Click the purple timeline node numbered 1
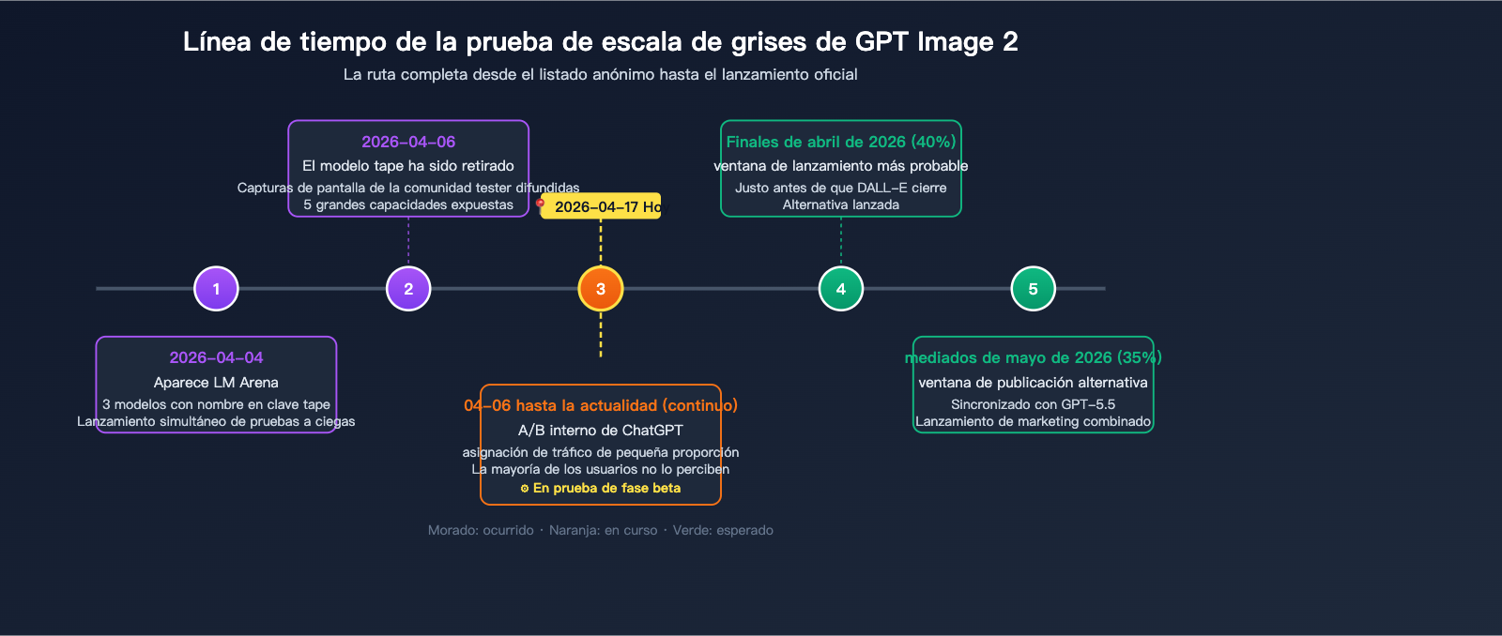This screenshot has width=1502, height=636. pyautogui.click(x=216, y=289)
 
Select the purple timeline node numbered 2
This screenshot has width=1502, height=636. pyautogui.click(x=408, y=289)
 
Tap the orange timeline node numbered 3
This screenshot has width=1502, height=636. pyautogui.click(x=601, y=289)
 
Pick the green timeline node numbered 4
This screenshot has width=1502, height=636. pyautogui.click(x=841, y=289)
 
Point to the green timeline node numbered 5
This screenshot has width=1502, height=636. pyautogui.click(x=1034, y=289)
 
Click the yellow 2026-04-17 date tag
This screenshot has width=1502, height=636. pyautogui.click(x=601, y=206)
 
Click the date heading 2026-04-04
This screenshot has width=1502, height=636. pyautogui.click(x=216, y=357)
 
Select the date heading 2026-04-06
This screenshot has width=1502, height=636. pyautogui.click(x=408, y=142)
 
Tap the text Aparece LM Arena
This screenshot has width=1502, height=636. pyautogui.click(x=216, y=383)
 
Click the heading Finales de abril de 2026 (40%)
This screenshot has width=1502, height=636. pyautogui.click(x=841, y=142)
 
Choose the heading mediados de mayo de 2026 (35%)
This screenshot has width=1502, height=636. pyautogui.click(x=1034, y=357)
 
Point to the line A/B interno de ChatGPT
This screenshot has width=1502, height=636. pyautogui.click(x=601, y=431)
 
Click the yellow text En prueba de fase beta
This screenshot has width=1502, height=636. pyautogui.click(x=606, y=488)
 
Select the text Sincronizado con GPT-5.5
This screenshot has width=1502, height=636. pyautogui.click(x=1034, y=404)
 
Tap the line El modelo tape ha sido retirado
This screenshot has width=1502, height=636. pyautogui.click(x=408, y=166)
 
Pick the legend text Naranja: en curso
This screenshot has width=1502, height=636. pyautogui.click(x=603, y=530)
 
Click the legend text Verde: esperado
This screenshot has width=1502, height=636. pyautogui.click(x=723, y=530)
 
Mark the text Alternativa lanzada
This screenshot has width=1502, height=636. pyautogui.click(x=841, y=204)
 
